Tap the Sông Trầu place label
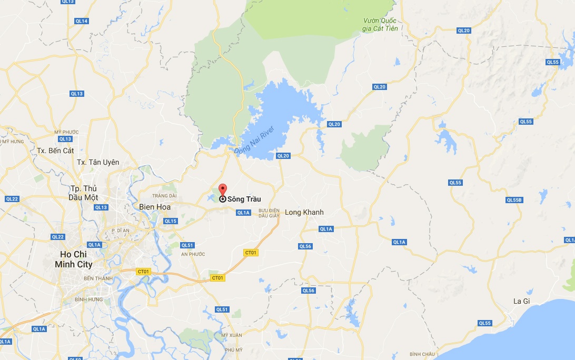point(244,199)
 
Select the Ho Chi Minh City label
point(74,260)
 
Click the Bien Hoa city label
point(155,207)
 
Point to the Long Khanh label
point(304,212)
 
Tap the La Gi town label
point(521,302)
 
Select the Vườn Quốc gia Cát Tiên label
point(380,24)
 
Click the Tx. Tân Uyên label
point(98,162)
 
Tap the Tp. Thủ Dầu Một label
point(83,193)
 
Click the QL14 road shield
point(82,21)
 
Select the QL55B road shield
point(514,200)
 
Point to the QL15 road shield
point(171,221)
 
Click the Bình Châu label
point(422,354)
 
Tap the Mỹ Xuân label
point(231,335)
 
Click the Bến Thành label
point(95,278)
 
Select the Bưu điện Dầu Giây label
point(268,213)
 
